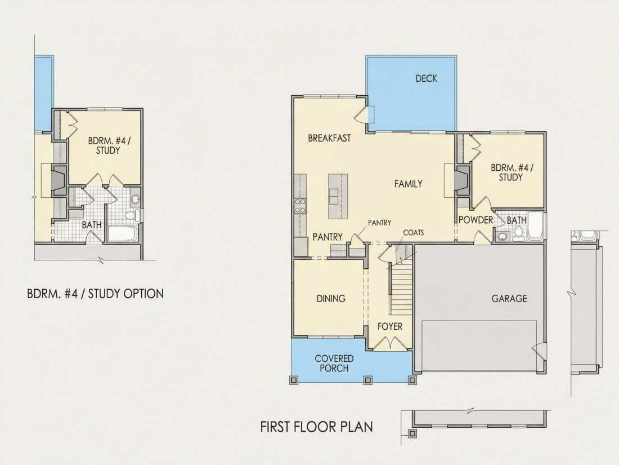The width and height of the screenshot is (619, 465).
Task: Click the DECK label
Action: click(x=427, y=79)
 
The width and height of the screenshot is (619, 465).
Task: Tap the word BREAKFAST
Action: click(x=329, y=138)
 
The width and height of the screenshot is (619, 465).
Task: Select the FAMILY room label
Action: click(x=408, y=184)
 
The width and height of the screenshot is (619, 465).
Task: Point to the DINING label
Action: click(x=331, y=299)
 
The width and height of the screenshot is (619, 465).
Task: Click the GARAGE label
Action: click(x=509, y=299)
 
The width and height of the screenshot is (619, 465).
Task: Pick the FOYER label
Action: click(x=390, y=326)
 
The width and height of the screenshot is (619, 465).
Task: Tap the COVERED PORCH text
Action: click(x=334, y=364)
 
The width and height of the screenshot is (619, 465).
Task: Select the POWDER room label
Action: click(x=476, y=220)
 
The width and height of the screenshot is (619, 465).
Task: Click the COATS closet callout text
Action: click(x=414, y=232)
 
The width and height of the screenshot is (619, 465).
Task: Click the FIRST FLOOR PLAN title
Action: click(x=317, y=427)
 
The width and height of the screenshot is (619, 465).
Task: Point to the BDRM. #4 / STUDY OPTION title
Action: click(x=95, y=294)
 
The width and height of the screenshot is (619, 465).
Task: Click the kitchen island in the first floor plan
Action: click(x=338, y=196)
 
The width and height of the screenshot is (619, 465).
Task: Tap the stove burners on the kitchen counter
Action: click(x=300, y=206)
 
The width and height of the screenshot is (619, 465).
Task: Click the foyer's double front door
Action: click(x=390, y=343)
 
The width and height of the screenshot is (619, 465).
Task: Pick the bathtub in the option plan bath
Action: click(x=122, y=234)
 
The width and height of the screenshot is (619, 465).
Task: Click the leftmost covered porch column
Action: click(x=294, y=380)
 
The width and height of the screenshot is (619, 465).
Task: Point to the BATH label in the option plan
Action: click(x=92, y=225)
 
